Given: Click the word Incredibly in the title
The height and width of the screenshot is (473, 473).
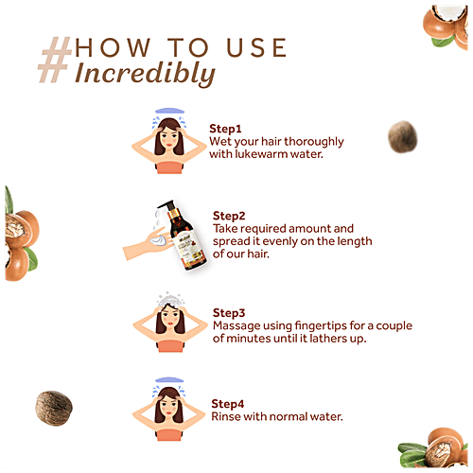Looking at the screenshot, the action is coord(145,74).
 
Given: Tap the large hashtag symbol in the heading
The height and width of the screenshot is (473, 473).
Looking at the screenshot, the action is coord(55,60).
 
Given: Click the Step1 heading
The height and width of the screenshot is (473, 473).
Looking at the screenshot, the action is coord(225,130).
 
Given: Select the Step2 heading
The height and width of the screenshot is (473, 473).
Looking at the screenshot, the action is coord(229,217).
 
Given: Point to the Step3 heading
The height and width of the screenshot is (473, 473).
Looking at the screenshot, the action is coord(229,313).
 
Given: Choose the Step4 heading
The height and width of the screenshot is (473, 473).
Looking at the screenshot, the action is coord(228,404).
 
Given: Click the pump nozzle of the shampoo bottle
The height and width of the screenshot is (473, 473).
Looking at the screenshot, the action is coord(166,204).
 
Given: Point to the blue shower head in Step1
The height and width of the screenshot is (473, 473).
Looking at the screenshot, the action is coord(169,111).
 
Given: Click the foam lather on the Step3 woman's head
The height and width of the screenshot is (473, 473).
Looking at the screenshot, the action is coord(170,300).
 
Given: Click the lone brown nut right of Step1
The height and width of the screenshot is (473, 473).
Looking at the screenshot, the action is coord(403,137).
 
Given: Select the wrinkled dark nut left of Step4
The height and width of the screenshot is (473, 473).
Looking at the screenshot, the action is coord(54,408).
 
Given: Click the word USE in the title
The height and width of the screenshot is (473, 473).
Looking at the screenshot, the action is coord(256,48).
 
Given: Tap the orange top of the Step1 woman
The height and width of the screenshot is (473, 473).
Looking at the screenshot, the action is coord(169,167).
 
